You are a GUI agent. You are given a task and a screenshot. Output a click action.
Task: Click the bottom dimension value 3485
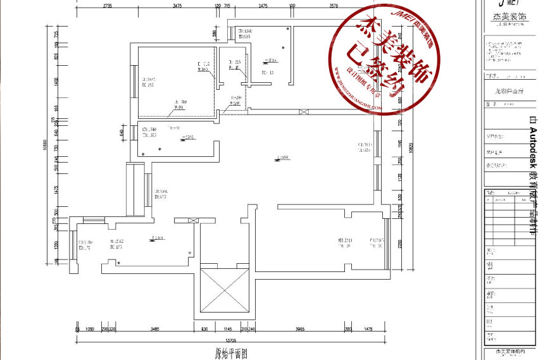pyautogui.click(x=151, y=330)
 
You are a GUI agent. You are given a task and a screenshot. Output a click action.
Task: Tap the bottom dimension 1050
pyautogui.click(x=89, y=330)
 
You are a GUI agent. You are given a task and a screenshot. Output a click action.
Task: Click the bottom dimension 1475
pyautogui.click(x=367, y=330)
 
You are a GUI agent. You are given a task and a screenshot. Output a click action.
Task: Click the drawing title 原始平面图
pyautogui.click(x=226, y=354)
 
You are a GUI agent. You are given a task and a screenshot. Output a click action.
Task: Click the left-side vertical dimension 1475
pyautogui.click(x=56, y=190)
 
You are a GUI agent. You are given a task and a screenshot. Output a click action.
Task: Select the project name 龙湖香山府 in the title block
pyautogui.click(x=509, y=91)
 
